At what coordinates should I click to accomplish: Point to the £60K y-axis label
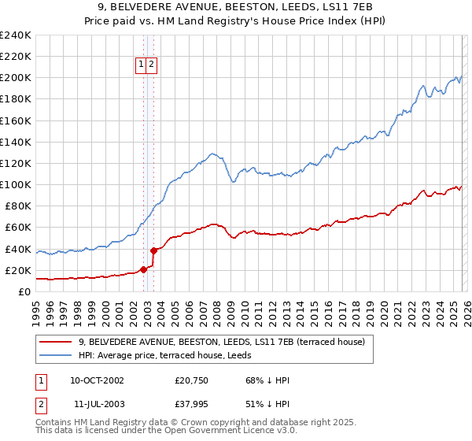(x=17, y=228)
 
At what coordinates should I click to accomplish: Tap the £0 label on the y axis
(x=25, y=292)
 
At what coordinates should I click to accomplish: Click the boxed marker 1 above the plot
(x=141, y=65)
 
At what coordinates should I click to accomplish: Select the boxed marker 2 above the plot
(x=151, y=65)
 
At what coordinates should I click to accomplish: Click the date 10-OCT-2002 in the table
(x=97, y=380)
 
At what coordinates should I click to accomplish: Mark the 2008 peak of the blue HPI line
(x=212, y=154)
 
